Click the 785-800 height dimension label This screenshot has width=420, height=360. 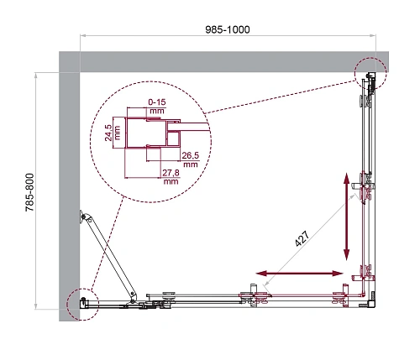(x=30, y=198)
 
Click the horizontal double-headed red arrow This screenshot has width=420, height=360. (x=299, y=274)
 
